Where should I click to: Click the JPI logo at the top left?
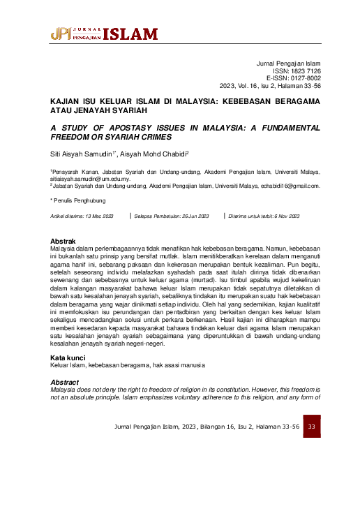[61, 34]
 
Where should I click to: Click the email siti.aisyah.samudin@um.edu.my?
[90, 179]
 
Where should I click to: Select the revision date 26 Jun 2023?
[190, 216]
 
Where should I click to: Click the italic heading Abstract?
[66, 382]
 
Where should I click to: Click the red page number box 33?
[311, 426]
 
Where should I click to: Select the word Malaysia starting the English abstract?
[64, 390]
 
